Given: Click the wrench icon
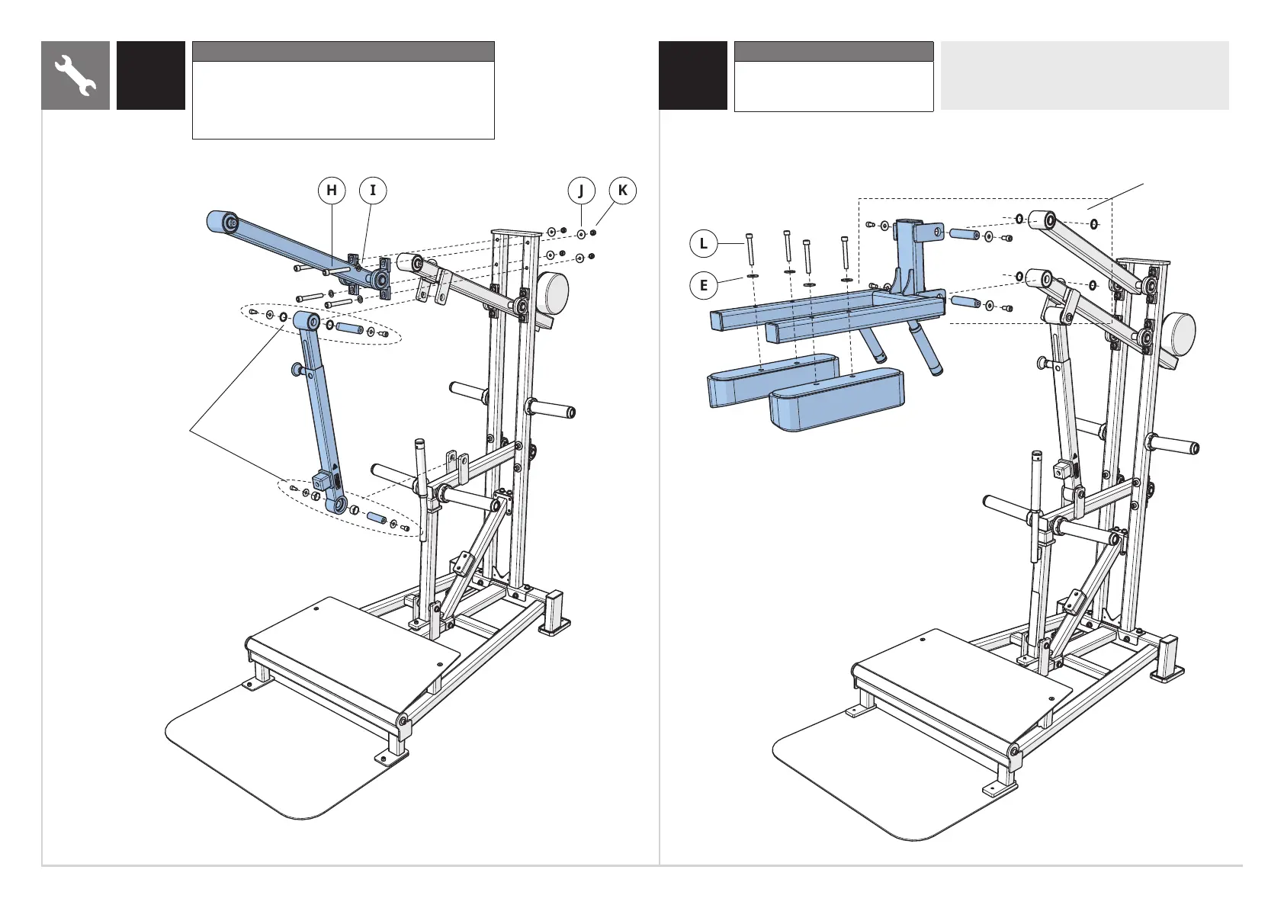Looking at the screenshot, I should click(75, 75).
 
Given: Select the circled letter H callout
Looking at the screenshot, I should click(332, 191).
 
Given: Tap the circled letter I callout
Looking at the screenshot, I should click(373, 191).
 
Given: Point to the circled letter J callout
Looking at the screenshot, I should click(582, 191).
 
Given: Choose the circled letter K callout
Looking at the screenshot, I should click(623, 191).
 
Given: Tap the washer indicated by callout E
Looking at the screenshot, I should click(752, 277).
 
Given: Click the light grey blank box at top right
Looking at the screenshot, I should click(1084, 75).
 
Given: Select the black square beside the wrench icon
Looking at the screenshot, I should click(151, 75).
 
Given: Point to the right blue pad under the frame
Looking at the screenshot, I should click(836, 400).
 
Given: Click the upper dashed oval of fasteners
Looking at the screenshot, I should click(320, 324).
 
